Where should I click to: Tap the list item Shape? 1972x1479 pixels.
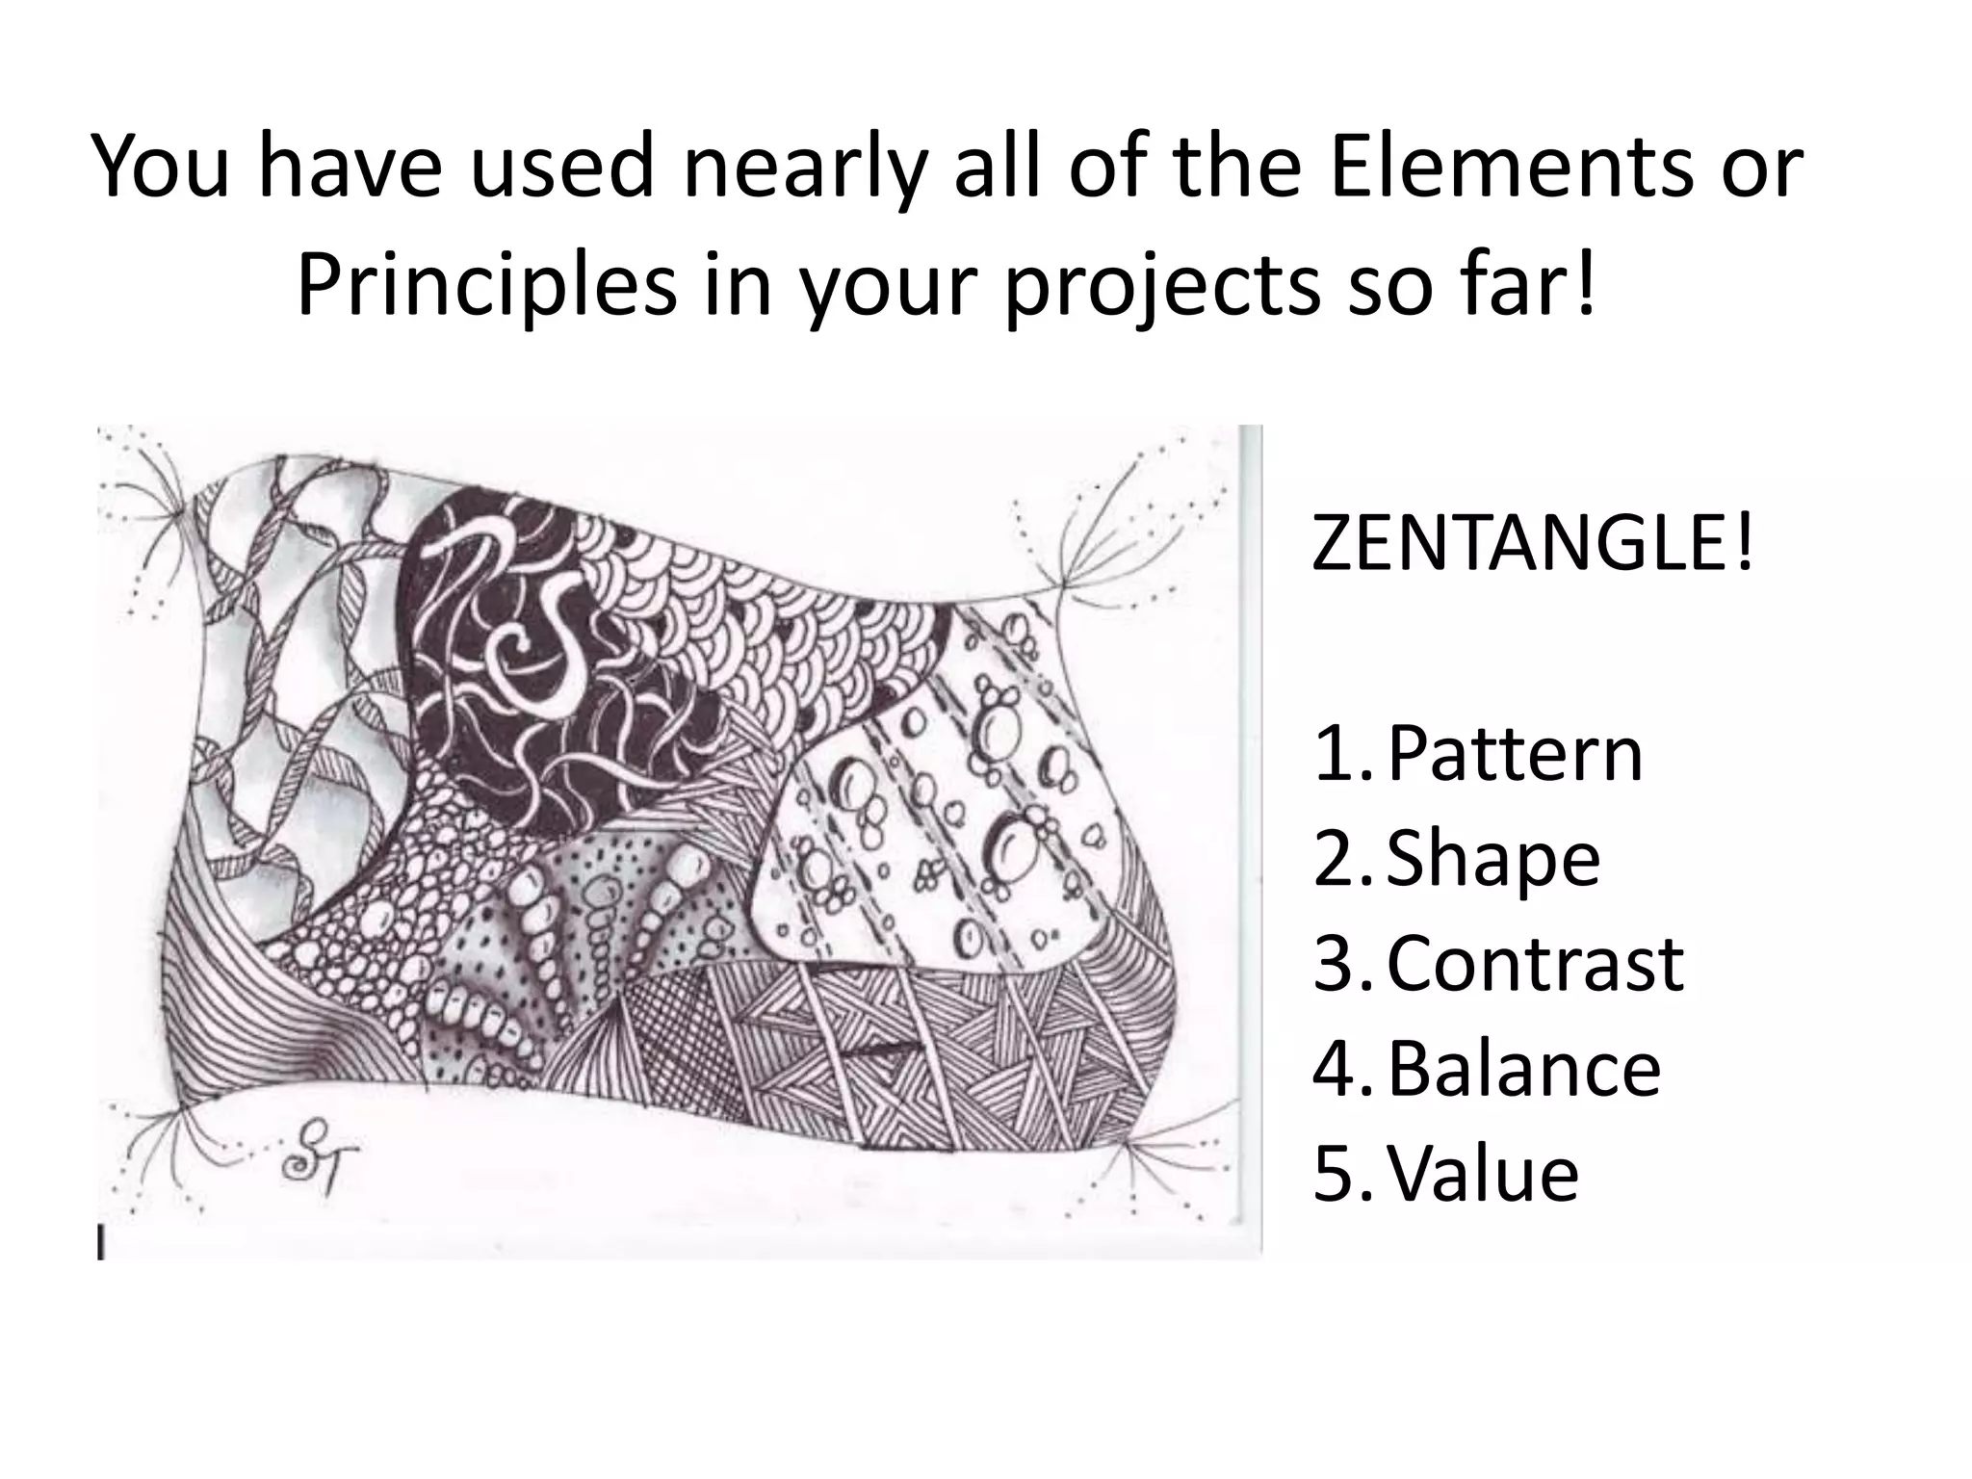pyautogui.click(x=1493, y=860)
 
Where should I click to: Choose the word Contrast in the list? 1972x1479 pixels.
pyautogui.click(x=1535, y=964)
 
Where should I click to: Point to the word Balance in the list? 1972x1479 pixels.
pyautogui.click(x=1524, y=1069)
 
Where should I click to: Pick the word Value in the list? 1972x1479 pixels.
pyautogui.click(x=1484, y=1174)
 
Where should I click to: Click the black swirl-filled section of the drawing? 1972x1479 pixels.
pyautogui.click(x=539, y=674)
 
